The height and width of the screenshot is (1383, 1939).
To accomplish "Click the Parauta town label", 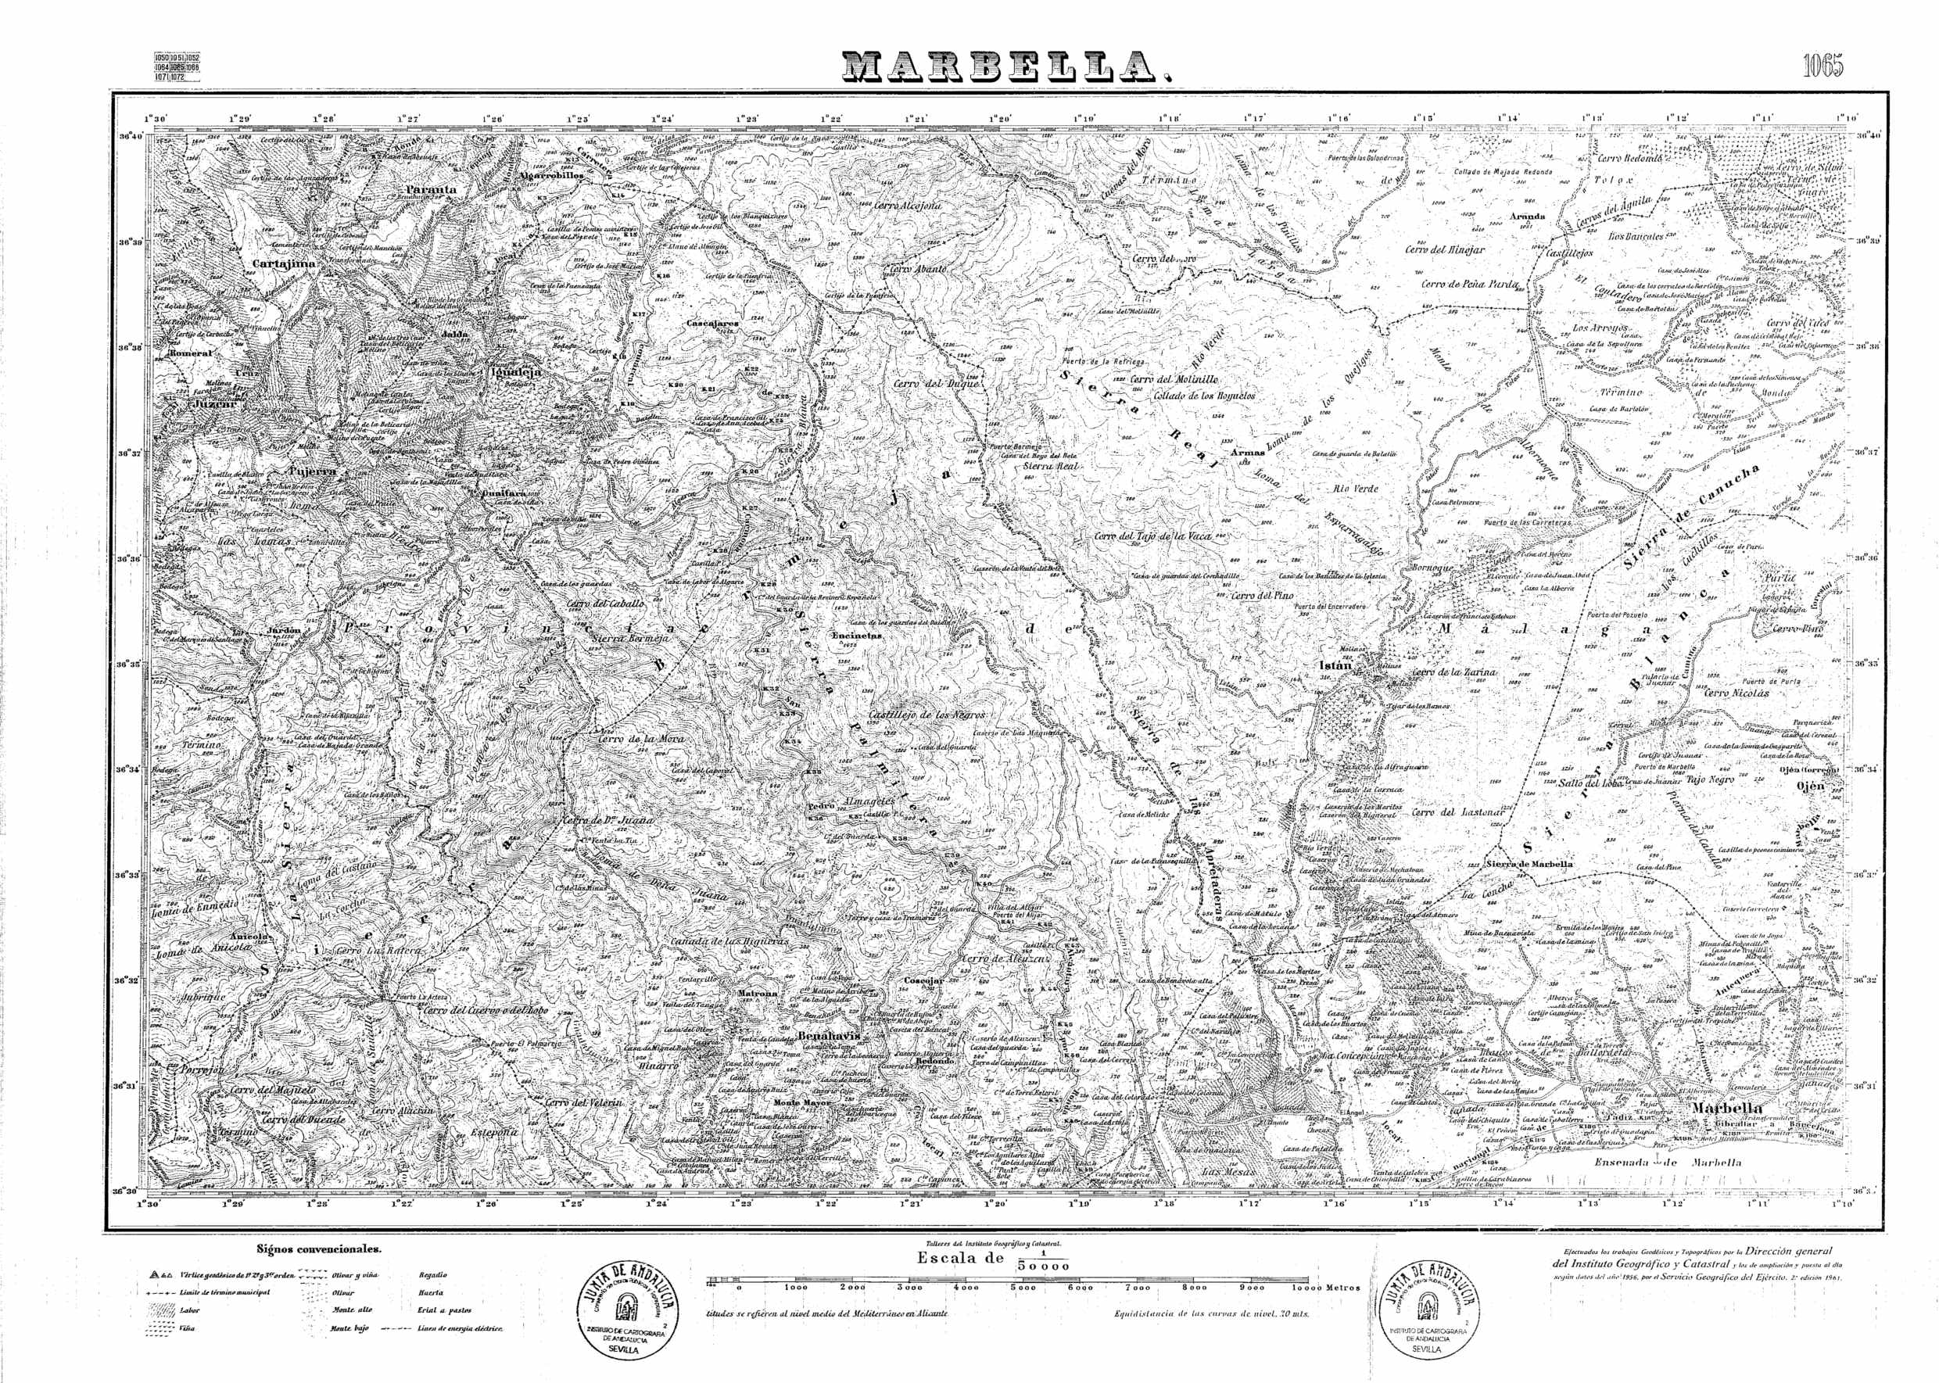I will click(x=431, y=190).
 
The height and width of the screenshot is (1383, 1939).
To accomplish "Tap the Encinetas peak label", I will click(x=858, y=636).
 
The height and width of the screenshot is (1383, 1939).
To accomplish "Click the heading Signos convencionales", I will click(x=319, y=1249).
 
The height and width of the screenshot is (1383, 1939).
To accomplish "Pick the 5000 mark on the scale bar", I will click(x=1023, y=1288).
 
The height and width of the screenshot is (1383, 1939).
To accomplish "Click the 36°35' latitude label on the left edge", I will click(x=130, y=664).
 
